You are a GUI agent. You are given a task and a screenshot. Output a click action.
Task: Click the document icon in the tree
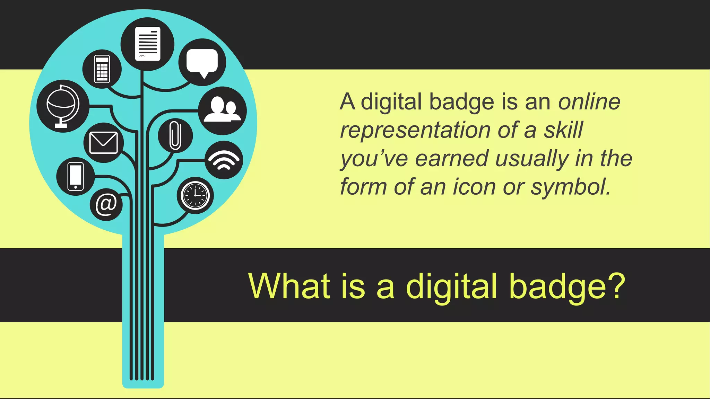[148, 44]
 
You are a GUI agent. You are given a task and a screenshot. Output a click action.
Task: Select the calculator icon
[102, 69]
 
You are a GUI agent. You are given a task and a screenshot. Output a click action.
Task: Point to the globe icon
[63, 106]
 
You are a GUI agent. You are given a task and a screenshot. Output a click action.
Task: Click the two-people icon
[222, 110]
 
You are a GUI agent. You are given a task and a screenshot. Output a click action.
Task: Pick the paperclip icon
[175, 135]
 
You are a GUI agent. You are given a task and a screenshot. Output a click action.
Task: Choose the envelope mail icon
[103, 143]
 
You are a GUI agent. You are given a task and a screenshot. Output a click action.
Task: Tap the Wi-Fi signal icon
[224, 160]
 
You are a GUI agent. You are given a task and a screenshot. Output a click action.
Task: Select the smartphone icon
[76, 176]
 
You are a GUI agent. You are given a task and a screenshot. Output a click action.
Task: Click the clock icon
[195, 195]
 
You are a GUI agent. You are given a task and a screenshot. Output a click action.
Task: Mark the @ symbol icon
[106, 204]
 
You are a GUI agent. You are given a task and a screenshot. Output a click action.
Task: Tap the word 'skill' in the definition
[563, 130]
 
